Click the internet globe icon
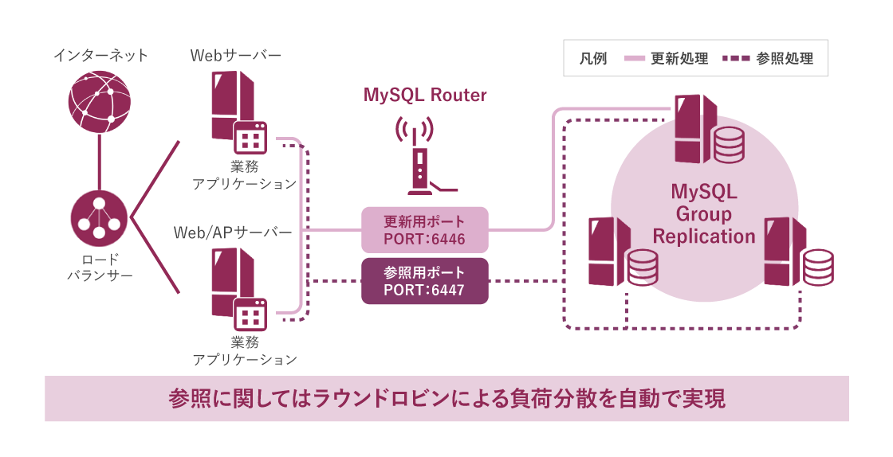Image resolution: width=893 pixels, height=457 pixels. (x=99, y=101)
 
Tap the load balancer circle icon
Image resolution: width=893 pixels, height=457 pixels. (x=99, y=219)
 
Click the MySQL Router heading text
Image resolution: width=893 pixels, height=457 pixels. (x=425, y=96)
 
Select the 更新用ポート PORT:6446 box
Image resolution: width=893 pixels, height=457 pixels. (x=424, y=230)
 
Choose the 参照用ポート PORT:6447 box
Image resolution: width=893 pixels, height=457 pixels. (x=424, y=281)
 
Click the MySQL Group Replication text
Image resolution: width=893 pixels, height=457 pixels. (x=704, y=214)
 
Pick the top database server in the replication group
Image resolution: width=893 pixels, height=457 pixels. (x=706, y=131)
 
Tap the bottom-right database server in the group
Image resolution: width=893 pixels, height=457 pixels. (x=797, y=253)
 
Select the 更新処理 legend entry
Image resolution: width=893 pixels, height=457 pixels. (x=667, y=59)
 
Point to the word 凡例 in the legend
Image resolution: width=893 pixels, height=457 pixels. (x=594, y=59)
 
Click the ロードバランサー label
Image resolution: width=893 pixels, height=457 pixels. (x=100, y=268)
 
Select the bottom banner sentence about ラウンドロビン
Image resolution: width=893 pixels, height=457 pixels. (x=447, y=398)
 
